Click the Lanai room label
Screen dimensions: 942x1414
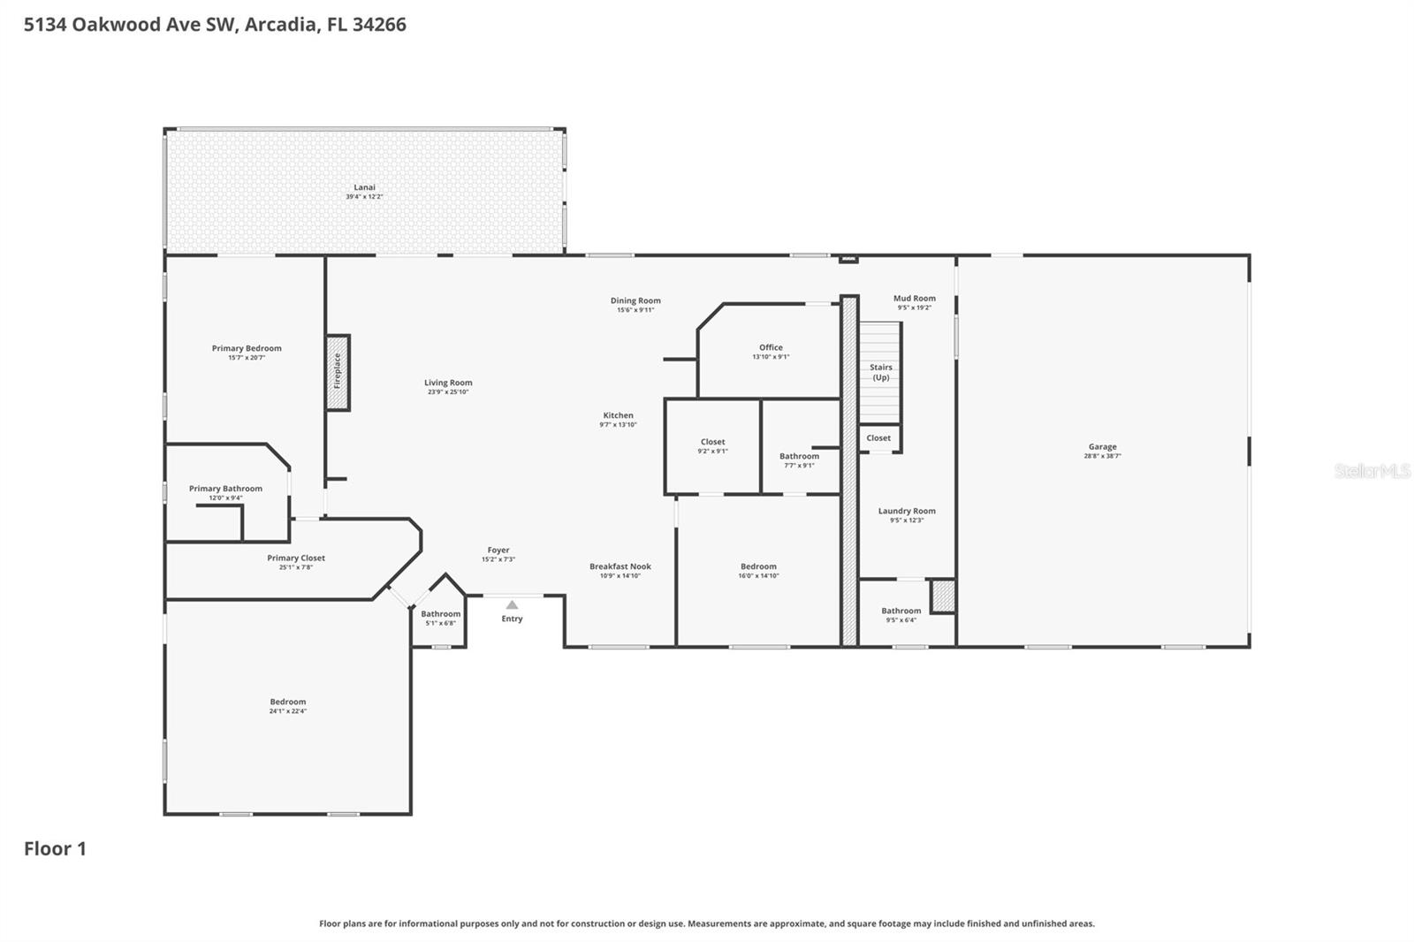pyautogui.click(x=364, y=187)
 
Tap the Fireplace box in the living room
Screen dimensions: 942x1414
pyautogui.click(x=338, y=372)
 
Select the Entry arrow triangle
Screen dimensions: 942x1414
pyautogui.click(x=512, y=605)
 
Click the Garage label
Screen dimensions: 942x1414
pyautogui.click(x=1102, y=447)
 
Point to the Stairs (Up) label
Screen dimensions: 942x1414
pyautogui.click(x=881, y=372)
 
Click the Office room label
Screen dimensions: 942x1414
pyautogui.click(x=771, y=347)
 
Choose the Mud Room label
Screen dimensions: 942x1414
pyautogui.click(x=914, y=299)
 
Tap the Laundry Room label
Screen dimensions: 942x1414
pyautogui.click(x=907, y=511)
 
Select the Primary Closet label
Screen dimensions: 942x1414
pyautogui.click(x=296, y=558)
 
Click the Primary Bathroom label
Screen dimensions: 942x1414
pyautogui.click(x=225, y=489)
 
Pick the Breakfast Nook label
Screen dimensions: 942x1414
pyautogui.click(x=620, y=566)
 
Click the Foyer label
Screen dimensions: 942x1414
pyautogui.click(x=498, y=550)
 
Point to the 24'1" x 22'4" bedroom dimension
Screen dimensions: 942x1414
pyautogui.click(x=288, y=711)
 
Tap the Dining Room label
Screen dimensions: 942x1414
pyautogui.click(x=635, y=300)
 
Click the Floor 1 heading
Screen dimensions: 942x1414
pyautogui.click(x=55, y=848)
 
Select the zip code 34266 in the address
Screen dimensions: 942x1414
pyautogui.click(x=379, y=25)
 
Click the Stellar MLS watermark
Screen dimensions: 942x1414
pyautogui.click(x=1372, y=471)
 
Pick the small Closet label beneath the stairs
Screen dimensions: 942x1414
pyautogui.click(x=878, y=438)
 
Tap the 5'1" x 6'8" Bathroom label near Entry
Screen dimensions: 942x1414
pyautogui.click(x=440, y=614)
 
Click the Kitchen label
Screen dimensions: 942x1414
pyautogui.click(x=618, y=415)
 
